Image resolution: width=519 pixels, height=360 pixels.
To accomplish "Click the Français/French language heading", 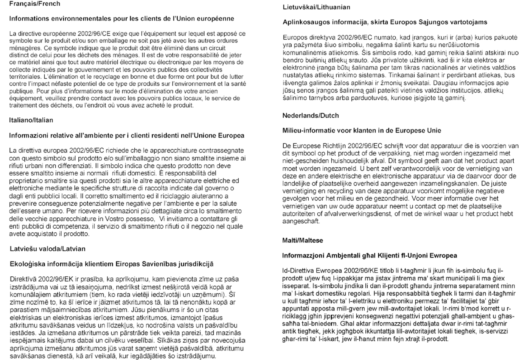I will click(x=34, y=4).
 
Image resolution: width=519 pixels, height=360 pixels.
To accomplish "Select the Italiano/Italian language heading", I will click(x=31, y=120).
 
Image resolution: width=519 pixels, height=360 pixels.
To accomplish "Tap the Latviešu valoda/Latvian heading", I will click(x=47, y=249).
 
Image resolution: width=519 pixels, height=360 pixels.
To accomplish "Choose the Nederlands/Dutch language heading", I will click(x=311, y=116).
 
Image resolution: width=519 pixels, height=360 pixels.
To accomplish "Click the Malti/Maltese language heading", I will click(x=303, y=241).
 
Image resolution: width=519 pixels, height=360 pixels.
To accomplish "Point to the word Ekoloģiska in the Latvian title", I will click(x=28, y=264).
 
